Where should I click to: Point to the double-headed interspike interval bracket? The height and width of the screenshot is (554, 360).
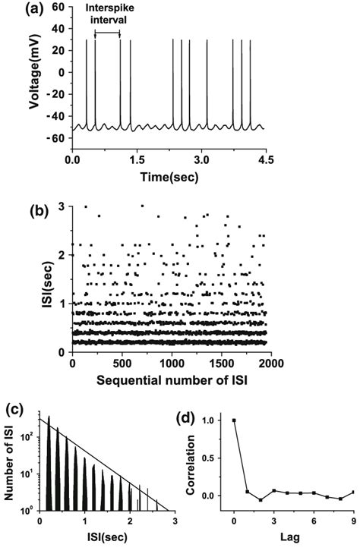click(x=107, y=33)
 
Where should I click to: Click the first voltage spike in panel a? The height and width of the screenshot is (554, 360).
click(x=86, y=83)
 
